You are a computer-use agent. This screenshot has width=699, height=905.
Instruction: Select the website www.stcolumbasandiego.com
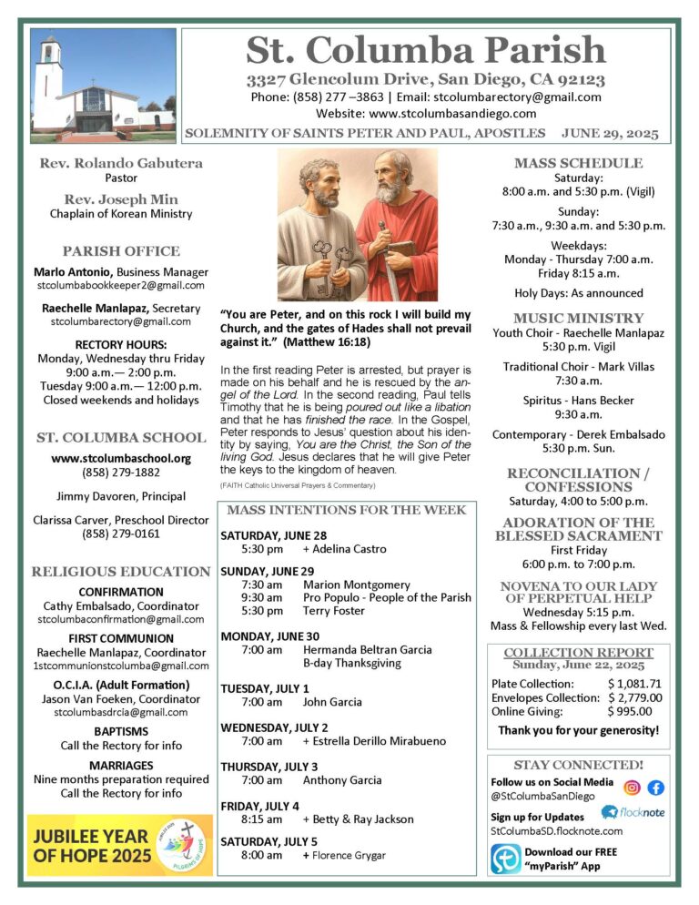click(452, 114)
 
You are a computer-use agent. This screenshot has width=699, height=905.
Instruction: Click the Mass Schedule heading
click(578, 163)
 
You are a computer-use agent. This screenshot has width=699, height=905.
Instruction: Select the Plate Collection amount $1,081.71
click(634, 683)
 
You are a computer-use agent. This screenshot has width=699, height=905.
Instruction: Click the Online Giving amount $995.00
click(630, 712)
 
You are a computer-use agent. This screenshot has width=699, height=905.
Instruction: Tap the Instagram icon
click(632, 788)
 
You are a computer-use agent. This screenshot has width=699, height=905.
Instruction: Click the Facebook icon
click(655, 788)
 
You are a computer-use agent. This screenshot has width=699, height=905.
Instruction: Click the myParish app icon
click(505, 859)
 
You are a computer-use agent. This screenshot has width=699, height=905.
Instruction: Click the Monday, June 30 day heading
click(269, 636)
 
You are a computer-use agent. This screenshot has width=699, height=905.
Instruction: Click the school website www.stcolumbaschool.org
click(121, 459)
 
